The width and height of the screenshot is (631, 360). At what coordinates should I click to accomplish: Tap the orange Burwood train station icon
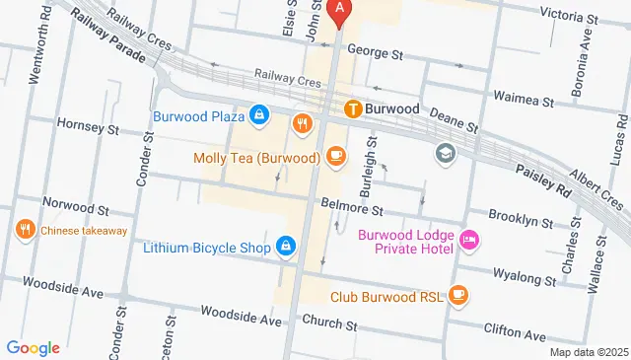coord(351,108)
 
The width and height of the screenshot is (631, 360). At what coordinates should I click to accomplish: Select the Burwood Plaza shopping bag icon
coord(258,116)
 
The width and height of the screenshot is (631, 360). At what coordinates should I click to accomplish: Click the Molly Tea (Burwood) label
coord(256,158)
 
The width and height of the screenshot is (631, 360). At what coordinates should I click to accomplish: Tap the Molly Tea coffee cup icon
coord(335,156)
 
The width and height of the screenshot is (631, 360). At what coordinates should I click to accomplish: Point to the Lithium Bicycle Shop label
coord(206,247)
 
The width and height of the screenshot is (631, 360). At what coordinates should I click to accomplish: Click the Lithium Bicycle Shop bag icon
coord(286,245)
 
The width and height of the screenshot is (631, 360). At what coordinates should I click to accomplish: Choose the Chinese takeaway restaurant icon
coord(25,230)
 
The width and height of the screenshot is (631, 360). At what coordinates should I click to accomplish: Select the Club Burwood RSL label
coord(386,295)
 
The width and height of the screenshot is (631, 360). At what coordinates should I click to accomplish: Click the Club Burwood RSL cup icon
coord(457,294)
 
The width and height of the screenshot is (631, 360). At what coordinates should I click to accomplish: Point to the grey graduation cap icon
coord(446,154)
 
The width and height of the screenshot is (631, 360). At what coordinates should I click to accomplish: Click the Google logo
coord(34,347)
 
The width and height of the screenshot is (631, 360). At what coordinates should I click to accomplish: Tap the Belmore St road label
coord(351,209)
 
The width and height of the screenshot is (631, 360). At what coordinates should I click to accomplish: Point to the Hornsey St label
coord(88,128)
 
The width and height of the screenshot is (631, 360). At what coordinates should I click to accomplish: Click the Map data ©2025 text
coord(588,352)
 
